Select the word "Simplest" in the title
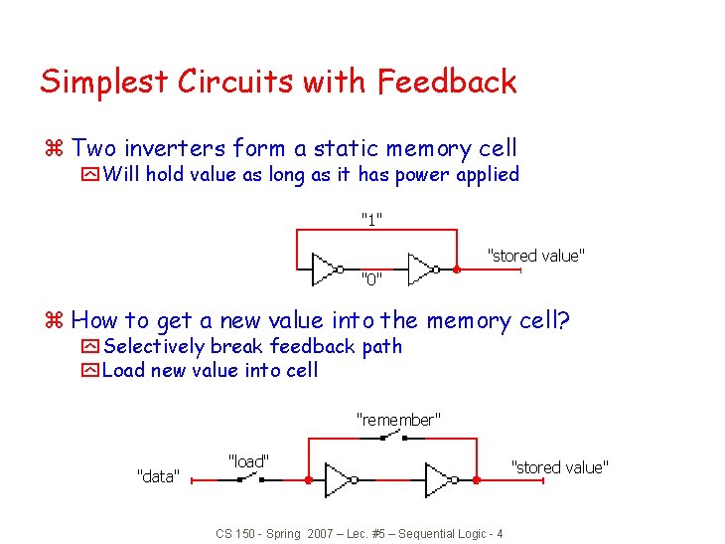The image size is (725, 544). (x=104, y=82)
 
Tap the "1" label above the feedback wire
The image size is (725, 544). (x=372, y=218)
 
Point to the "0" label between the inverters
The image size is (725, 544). (x=370, y=277)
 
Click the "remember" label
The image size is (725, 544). (x=397, y=420)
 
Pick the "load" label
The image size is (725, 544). (x=248, y=460)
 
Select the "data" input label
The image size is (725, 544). (x=157, y=476)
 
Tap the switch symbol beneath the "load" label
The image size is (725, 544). (x=248, y=479)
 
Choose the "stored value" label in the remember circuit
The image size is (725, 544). (x=559, y=466)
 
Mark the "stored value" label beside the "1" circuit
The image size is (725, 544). (x=535, y=256)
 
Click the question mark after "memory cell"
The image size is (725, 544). (x=565, y=320)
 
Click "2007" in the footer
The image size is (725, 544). (x=320, y=534)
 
